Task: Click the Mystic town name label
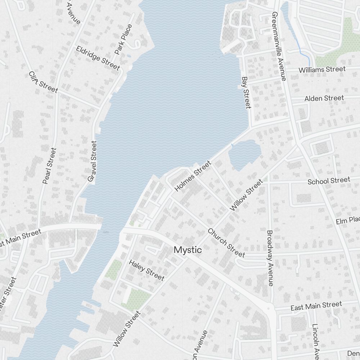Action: (x=188, y=250)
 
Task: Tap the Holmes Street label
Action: (x=193, y=176)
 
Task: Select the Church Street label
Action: (x=226, y=243)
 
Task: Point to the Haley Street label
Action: (x=147, y=270)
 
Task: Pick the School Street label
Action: (x=328, y=180)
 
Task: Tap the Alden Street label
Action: (x=324, y=98)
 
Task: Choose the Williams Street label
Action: (x=322, y=69)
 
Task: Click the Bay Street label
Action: (x=246, y=92)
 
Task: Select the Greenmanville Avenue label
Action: (x=279, y=46)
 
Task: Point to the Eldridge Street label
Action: (x=98, y=58)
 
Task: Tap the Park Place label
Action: (x=123, y=39)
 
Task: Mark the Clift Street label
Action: (x=43, y=82)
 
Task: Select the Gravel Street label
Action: (x=93, y=161)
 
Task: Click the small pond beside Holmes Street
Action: (x=243, y=154)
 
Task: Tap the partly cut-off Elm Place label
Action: (x=348, y=220)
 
